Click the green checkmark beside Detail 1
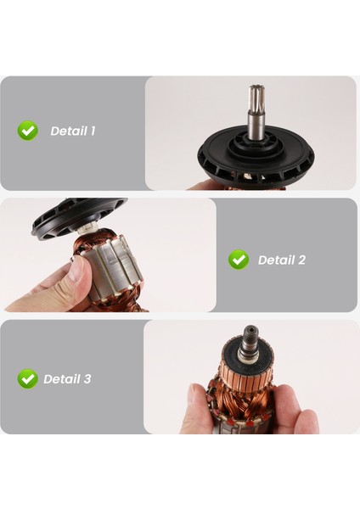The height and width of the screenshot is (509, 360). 28,131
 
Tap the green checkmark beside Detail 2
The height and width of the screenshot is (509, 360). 239,260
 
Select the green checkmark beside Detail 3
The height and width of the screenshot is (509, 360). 28,378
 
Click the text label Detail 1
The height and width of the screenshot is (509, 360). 73,131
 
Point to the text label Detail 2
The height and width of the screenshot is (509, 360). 281,260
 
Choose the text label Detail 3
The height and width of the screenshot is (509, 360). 67,379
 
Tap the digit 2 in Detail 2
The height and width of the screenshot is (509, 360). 301,260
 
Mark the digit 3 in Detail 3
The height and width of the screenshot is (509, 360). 87,379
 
